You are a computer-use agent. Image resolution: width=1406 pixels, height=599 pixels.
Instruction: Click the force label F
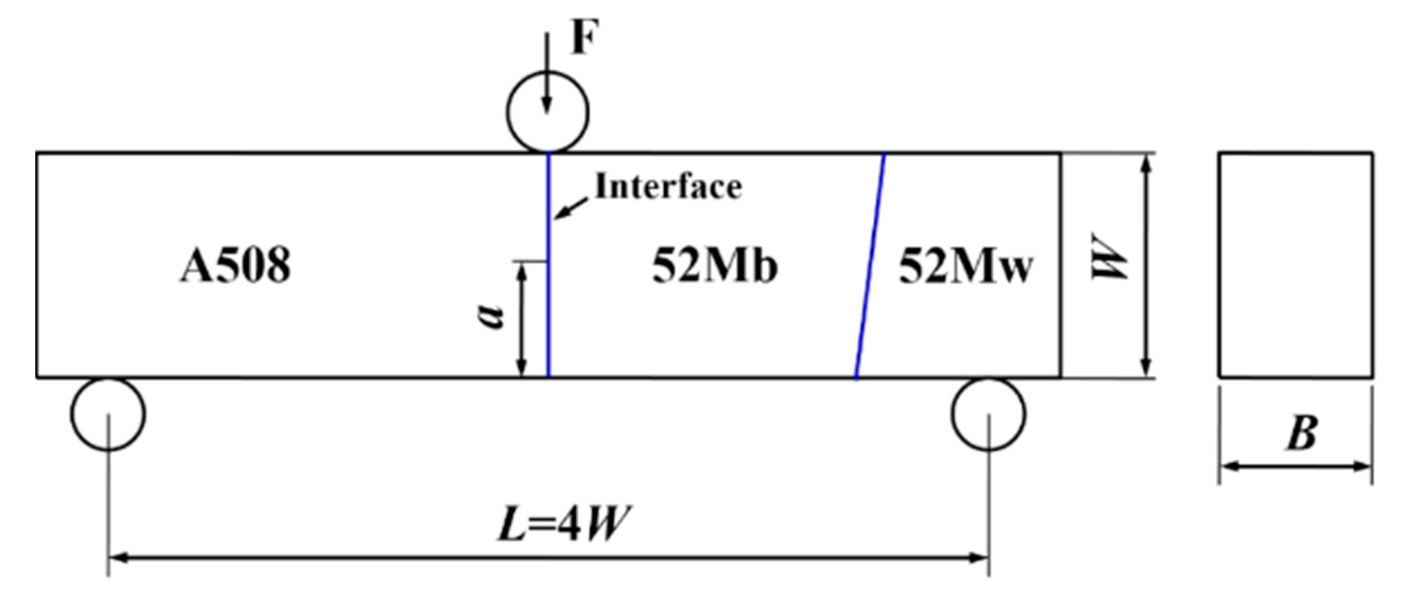coord(584,37)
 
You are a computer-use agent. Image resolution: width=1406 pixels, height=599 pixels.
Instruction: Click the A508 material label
coord(235,266)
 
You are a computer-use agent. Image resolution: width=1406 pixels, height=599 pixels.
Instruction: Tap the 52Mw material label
coord(966,266)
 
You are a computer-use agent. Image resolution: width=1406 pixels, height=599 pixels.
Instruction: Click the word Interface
coord(668,187)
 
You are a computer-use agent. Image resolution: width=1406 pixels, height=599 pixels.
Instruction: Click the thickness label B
coord(1302,433)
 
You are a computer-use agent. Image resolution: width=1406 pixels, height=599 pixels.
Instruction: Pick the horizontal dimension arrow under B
coord(1296,466)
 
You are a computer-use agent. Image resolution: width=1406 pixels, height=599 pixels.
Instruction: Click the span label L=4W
coord(564,524)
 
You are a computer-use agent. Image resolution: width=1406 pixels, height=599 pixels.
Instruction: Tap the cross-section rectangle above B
coord(1296,266)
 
